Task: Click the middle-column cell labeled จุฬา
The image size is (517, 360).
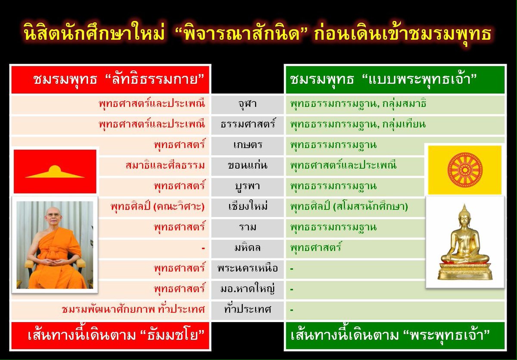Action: pyautogui.click(x=247, y=104)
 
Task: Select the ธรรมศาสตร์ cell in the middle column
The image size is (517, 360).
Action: pyautogui.click(x=247, y=125)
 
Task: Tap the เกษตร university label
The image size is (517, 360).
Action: pyautogui.click(x=247, y=145)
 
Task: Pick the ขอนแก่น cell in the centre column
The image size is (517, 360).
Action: pyautogui.click(x=247, y=166)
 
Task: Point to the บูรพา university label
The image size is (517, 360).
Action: pyautogui.click(x=247, y=186)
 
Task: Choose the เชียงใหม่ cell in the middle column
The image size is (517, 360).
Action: pyautogui.click(x=247, y=207)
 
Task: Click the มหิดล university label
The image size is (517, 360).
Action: pyautogui.click(x=247, y=248)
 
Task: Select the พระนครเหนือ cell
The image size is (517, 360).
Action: pyautogui.click(x=247, y=269)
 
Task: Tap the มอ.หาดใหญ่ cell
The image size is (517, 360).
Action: pyautogui.click(x=247, y=289)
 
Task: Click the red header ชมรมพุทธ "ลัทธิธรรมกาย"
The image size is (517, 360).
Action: pyautogui.click(x=110, y=79)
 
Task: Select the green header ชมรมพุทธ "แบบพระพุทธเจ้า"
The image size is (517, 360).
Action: pyautogui.click(x=395, y=79)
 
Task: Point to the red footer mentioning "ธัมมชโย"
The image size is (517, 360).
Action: pyautogui.click(x=110, y=335)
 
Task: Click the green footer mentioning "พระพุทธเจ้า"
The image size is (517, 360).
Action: pyautogui.click(x=395, y=335)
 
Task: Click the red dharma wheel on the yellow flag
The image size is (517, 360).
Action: pyautogui.click(x=465, y=169)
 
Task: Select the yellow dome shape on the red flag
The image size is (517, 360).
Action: pyautogui.click(x=54, y=172)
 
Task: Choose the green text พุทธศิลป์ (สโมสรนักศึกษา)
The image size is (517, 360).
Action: pyautogui.click(x=349, y=207)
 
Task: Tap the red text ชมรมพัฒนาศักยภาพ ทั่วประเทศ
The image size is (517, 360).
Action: pyautogui.click(x=133, y=310)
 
